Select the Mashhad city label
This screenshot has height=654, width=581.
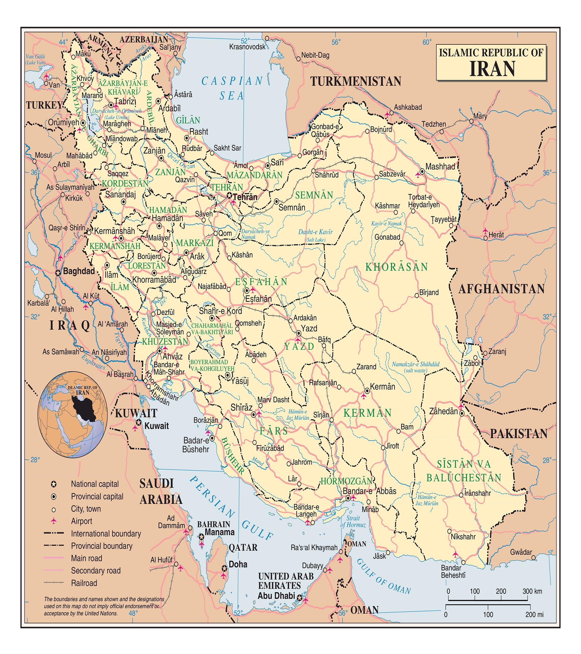(x=440, y=166)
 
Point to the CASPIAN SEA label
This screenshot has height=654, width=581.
(x=232, y=88)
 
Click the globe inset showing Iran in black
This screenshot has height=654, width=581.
(x=73, y=414)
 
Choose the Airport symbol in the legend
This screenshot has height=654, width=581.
(x=54, y=521)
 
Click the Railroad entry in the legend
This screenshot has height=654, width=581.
(x=84, y=583)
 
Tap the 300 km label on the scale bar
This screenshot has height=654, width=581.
(x=532, y=591)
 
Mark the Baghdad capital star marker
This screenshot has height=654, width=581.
(x=58, y=273)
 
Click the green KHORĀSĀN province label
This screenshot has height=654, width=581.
(x=396, y=267)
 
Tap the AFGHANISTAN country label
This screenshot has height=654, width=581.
(x=501, y=289)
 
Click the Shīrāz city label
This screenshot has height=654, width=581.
(x=241, y=407)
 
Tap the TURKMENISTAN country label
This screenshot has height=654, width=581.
(x=355, y=81)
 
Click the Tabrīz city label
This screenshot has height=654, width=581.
(x=125, y=101)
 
